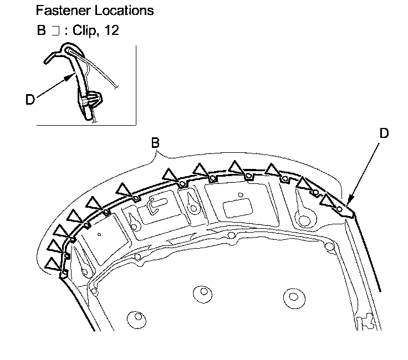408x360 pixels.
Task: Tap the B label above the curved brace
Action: (x=156, y=143)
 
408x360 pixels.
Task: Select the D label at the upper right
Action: (x=384, y=133)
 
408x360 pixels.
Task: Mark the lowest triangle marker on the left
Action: (x=53, y=264)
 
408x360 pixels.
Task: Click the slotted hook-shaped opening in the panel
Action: (x=156, y=202)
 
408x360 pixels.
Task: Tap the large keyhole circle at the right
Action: (x=303, y=219)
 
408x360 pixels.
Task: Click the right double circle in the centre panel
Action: (x=290, y=294)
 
